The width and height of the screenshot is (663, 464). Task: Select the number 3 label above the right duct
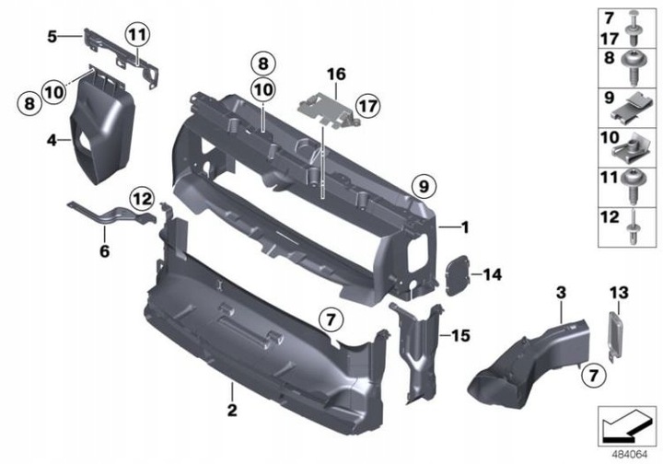click(x=559, y=293)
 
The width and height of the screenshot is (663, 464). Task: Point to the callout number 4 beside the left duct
click(x=52, y=141)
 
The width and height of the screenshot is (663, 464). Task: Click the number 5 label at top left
click(x=52, y=37)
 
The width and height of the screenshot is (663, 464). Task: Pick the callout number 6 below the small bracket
click(x=104, y=249)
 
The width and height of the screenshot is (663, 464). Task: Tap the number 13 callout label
click(x=616, y=293)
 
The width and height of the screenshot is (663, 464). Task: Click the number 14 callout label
click(x=493, y=273)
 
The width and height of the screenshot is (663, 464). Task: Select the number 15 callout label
click(x=460, y=336)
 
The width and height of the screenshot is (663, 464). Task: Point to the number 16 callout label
click(x=335, y=73)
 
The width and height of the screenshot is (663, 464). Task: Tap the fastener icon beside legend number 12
click(x=634, y=226)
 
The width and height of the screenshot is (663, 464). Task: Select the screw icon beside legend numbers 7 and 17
click(x=634, y=28)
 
